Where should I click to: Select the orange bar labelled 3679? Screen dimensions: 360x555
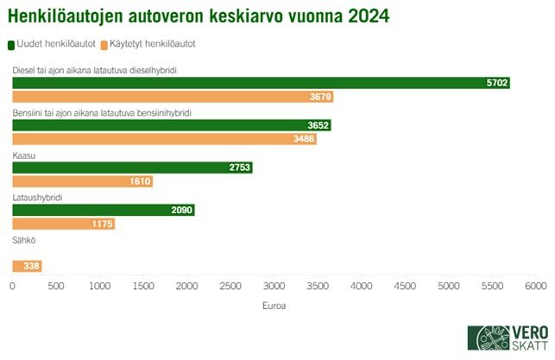(173, 98)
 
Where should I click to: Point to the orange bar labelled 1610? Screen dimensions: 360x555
(82, 182)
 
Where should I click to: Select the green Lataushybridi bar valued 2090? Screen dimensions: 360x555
(104, 210)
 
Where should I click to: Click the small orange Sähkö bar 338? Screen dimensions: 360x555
(27, 266)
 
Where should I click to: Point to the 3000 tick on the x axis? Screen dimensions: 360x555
(274, 285)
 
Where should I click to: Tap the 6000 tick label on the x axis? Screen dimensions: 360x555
(535, 285)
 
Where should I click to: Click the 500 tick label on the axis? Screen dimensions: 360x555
(56, 285)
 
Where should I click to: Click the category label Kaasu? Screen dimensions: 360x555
(23, 155)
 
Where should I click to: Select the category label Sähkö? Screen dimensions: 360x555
(23, 239)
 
